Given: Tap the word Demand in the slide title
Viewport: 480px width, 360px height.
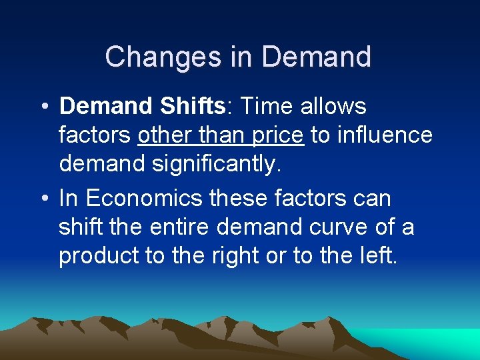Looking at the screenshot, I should (317, 57).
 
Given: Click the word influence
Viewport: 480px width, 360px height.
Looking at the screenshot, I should (385, 135).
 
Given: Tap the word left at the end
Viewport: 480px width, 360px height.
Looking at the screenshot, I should (378, 257).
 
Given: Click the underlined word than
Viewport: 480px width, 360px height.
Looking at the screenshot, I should (223, 135).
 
